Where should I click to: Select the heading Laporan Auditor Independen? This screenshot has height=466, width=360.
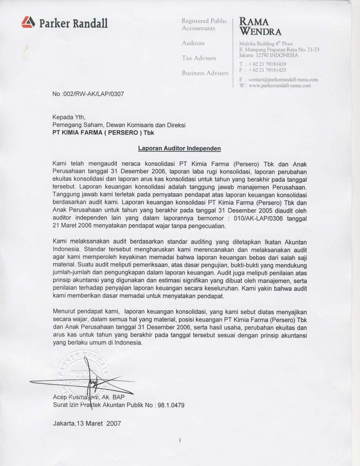[x=179, y=148]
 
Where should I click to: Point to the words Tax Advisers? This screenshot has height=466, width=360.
[x=199, y=58]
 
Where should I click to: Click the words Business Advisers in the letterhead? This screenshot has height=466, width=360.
[x=205, y=73]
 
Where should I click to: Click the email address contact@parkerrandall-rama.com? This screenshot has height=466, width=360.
[x=283, y=79]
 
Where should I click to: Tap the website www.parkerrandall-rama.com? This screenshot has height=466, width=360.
[x=280, y=86]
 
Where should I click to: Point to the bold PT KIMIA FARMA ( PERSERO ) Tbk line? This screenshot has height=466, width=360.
[x=103, y=133]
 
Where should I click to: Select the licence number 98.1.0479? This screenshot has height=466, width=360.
[x=171, y=405]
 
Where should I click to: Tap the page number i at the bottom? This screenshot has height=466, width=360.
[x=179, y=440]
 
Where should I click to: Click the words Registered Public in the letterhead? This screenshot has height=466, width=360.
[x=204, y=21]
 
